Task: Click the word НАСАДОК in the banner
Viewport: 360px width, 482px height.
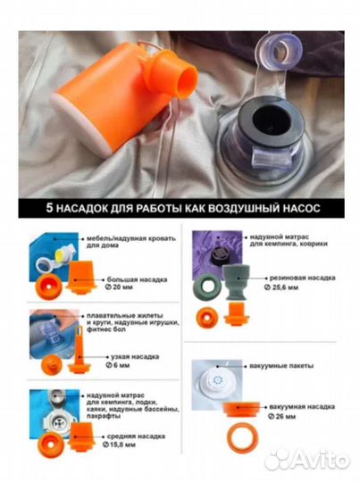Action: tap(95, 208)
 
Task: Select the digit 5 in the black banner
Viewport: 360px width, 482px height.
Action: tap(51, 208)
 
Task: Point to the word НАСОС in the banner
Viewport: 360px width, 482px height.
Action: tap(292, 208)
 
